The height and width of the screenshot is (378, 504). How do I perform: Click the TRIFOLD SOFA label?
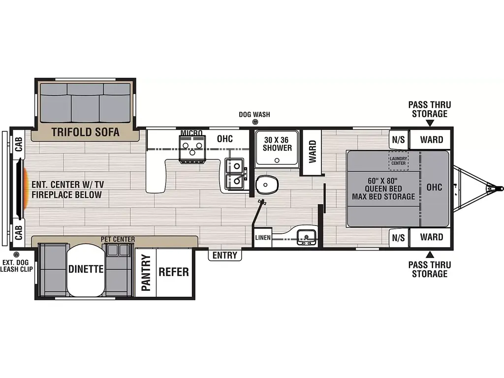pyautogui.click(x=85, y=132)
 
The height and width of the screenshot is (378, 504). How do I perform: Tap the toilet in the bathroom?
pyautogui.click(x=266, y=185)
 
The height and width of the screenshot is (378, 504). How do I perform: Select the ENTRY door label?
pyautogui.click(x=224, y=255)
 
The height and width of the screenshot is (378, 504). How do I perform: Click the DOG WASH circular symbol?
pyautogui.click(x=255, y=122)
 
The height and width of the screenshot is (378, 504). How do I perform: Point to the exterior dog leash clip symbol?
pyautogui.click(x=16, y=254)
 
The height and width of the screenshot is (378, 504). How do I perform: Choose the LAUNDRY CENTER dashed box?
pyautogui.click(x=398, y=161)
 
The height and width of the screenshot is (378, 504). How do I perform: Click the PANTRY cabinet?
pyautogui.click(x=146, y=273)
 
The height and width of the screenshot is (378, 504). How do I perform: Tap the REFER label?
pyautogui.click(x=174, y=272)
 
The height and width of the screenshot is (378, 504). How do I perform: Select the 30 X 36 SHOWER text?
pyautogui.click(x=277, y=144)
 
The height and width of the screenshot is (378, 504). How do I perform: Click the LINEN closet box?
pyautogui.click(x=263, y=238)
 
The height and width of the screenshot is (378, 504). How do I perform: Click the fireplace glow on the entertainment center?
pyautogui.click(x=25, y=188)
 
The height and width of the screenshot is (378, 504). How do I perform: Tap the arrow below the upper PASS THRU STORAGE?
pyautogui.click(x=430, y=123)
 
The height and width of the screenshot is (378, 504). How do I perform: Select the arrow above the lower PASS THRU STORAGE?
pyautogui.click(x=430, y=255)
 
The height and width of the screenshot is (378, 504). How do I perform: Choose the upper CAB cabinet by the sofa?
pyautogui.click(x=19, y=144)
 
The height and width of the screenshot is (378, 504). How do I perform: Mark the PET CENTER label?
pyautogui.click(x=118, y=240)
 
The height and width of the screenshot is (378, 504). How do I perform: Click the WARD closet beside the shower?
pyautogui.click(x=312, y=152)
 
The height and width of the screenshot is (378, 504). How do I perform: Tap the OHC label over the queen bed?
pyautogui.click(x=434, y=188)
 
